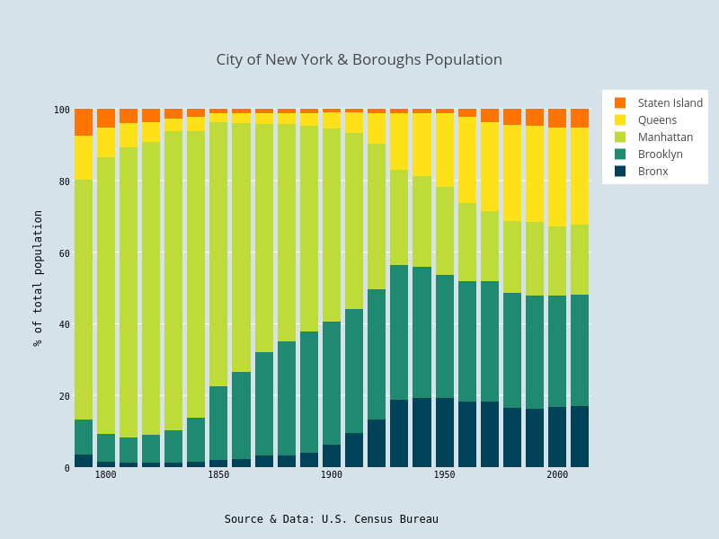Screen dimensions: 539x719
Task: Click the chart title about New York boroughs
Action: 359,60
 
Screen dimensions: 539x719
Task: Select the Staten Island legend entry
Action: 670,103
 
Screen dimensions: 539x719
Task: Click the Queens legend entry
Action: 657,120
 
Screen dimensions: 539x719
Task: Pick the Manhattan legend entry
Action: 665,137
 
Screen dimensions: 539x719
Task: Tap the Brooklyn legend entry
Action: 660,155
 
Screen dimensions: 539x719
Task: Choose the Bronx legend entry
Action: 652,172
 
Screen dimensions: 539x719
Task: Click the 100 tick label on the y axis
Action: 61,110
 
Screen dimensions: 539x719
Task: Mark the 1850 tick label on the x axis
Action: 218,475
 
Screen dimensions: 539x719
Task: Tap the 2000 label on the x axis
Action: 557,475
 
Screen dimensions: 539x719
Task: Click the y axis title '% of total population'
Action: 38,278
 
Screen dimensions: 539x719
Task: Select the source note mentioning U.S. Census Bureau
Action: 331,519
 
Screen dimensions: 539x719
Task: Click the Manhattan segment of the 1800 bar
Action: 106,296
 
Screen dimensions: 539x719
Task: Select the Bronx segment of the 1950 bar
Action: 445,433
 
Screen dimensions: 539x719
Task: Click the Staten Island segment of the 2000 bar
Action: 557,119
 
